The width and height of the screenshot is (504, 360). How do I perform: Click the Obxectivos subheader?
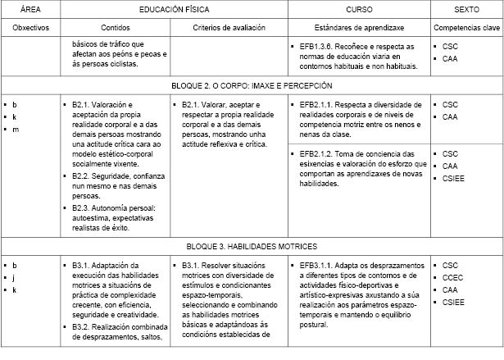(30, 27)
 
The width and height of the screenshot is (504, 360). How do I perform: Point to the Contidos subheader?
(116, 27)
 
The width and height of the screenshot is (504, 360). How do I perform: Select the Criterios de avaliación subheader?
(229, 27)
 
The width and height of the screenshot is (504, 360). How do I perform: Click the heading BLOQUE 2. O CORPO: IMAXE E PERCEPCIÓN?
(252, 85)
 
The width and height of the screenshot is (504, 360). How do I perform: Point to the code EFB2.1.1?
(316, 105)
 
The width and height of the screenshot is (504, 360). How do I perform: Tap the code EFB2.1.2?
(316, 153)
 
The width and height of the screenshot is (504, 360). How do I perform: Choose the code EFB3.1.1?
(316, 266)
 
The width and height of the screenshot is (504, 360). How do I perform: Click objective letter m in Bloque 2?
(15, 130)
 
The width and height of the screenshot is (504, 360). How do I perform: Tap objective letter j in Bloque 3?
(15, 278)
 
